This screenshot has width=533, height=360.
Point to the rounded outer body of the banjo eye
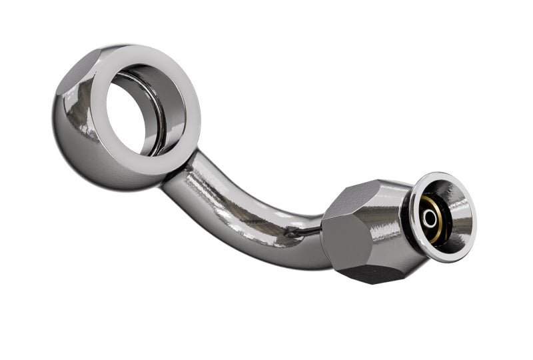(x=77, y=133)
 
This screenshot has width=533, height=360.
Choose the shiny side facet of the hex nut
(x=386, y=227)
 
